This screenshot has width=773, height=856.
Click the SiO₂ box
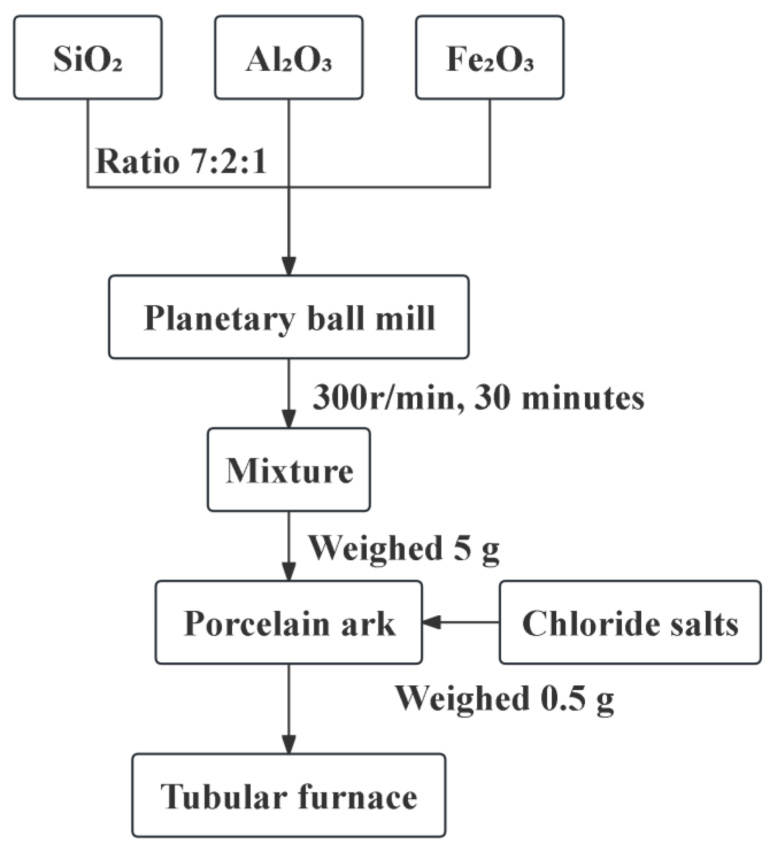point(88,58)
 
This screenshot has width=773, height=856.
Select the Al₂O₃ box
point(288,58)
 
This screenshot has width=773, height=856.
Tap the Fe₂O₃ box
point(489,58)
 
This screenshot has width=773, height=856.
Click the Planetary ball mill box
point(288,317)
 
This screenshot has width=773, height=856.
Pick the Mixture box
point(288,469)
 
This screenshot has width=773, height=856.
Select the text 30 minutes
point(559,398)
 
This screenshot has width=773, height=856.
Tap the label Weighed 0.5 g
point(505,698)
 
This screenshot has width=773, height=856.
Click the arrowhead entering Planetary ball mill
point(289,267)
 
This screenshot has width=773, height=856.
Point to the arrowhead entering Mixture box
point(289,419)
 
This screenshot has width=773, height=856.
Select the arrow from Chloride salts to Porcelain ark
point(461,623)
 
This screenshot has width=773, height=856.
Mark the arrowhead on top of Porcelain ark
point(289,572)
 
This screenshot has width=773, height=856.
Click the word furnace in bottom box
point(358,796)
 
